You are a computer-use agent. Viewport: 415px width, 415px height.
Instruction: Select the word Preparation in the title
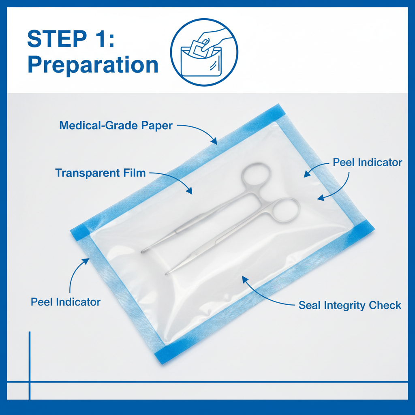[93, 65]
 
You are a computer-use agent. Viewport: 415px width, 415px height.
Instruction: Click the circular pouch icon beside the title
[204, 52]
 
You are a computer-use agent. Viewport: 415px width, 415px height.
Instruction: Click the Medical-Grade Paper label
[116, 125]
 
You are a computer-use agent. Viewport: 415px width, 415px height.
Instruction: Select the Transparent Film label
[100, 173]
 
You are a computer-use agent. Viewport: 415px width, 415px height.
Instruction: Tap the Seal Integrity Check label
[350, 305]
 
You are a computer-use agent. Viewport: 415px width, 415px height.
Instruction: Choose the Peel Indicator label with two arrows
[367, 163]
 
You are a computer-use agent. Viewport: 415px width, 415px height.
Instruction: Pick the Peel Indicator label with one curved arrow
[66, 302]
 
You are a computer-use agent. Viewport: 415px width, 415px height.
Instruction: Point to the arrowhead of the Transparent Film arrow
[190, 192]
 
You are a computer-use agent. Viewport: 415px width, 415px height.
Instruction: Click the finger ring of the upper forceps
[256, 176]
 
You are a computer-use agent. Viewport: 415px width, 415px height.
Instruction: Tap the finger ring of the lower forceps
[285, 210]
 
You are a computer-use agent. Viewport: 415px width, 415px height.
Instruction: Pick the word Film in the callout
[136, 173]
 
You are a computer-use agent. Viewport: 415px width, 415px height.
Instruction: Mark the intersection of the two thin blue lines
[30, 381]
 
